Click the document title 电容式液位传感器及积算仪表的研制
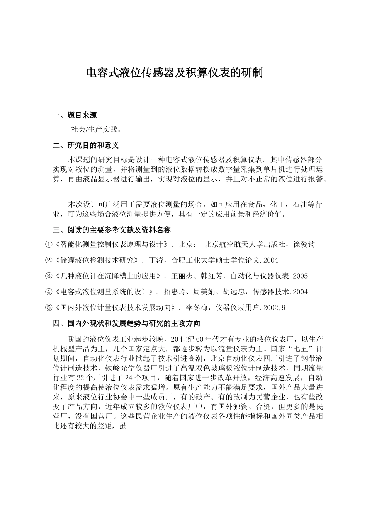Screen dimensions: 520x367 (x=174, y=73)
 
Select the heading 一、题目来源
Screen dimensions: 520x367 (x=75, y=115)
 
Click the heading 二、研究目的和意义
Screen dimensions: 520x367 (x=86, y=145)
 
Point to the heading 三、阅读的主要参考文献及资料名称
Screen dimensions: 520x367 (x=112, y=230)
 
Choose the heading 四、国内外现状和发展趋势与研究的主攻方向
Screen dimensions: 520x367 (x=126, y=323)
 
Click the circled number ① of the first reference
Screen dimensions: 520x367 (x=48, y=245)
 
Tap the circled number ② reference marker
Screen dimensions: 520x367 (x=48, y=260)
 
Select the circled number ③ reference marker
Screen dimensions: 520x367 (x=48, y=276)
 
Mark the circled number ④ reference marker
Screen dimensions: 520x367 (x=48, y=292)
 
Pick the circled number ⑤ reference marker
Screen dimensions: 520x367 (x=48, y=308)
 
